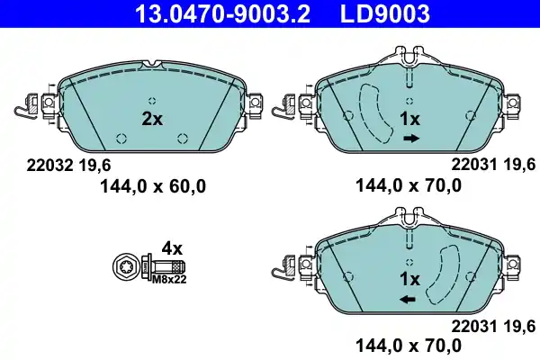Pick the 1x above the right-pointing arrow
pyautogui.click(x=409, y=119)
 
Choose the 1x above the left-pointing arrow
pyautogui.click(x=409, y=278)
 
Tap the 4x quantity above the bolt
pyautogui.click(x=171, y=247)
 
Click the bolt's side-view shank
pyautogui.click(x=171, y=267)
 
